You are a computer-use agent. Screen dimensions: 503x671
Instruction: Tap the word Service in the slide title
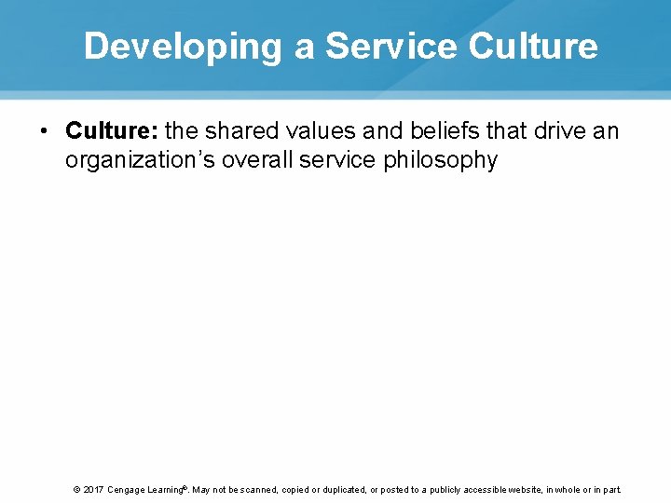pyautogui.click(x=391, y=46)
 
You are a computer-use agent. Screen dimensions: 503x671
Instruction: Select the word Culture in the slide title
pyautogui.click(x=534, y=46)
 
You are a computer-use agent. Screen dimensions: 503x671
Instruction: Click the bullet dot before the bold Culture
pyautogui.click(x=44, y=131)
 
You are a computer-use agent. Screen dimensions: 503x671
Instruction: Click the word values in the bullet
pyautogui.click(x=336, y=131)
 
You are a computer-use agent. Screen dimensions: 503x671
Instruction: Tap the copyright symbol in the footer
pyautogui.click(x=75, y=489)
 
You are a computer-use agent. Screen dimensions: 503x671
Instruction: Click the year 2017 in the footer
pyautogui.click(x=93, y=489)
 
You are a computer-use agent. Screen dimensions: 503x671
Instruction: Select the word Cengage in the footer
pyautogui.click(x=126, y=489)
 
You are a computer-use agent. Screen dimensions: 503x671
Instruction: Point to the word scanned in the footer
pyautogui.click(x=259, y=489)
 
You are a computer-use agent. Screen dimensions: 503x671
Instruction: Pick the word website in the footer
pyautogui.click(x=527, y=489)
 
